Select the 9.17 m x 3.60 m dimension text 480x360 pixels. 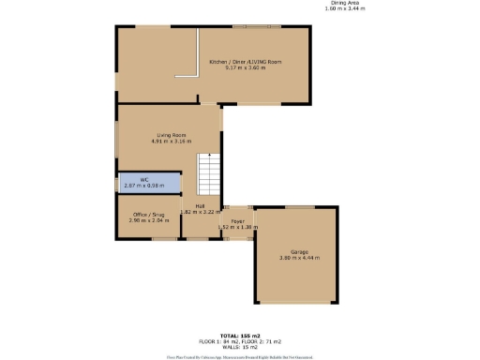click(246, 67)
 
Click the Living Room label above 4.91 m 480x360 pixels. click(170, 136)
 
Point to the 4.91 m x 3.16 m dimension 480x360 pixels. click(170, 142)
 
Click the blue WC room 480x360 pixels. click(145, 182)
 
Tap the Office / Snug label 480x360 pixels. click(143, 215)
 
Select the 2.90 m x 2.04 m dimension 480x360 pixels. click(143, 221)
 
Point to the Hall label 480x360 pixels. click(200, 205)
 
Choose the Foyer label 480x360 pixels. click(237, 220)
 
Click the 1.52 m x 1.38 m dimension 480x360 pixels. click(237, 227)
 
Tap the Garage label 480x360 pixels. click(298, 250)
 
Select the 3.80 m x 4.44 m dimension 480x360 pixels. click(298, 257)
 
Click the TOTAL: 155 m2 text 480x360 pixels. click(239, 335)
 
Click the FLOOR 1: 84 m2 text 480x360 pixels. click(217, 340)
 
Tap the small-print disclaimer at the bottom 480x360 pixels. click(239, 356)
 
